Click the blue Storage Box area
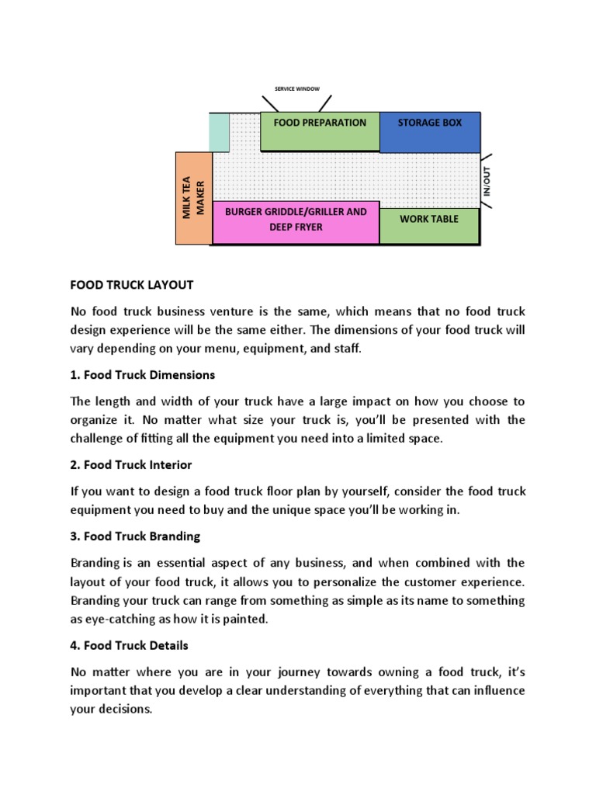pyautogui.click(x=429, y=131)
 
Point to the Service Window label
pyautogui.click(x=297, y=89)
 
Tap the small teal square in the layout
pyautogui.click(x=220, y=131)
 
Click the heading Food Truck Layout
pyautogui.click(x=131, y=285)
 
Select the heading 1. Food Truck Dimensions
pyautogui.click(x=143, y=375)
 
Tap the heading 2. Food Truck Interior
pyautogui.click(x=131, y=465)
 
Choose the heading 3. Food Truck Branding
pyautogui.click(x=136, y=536)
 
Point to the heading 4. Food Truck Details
pyautogui.click(x=130, y=645)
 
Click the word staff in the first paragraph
pyautogui.click(x=347, y=349)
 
